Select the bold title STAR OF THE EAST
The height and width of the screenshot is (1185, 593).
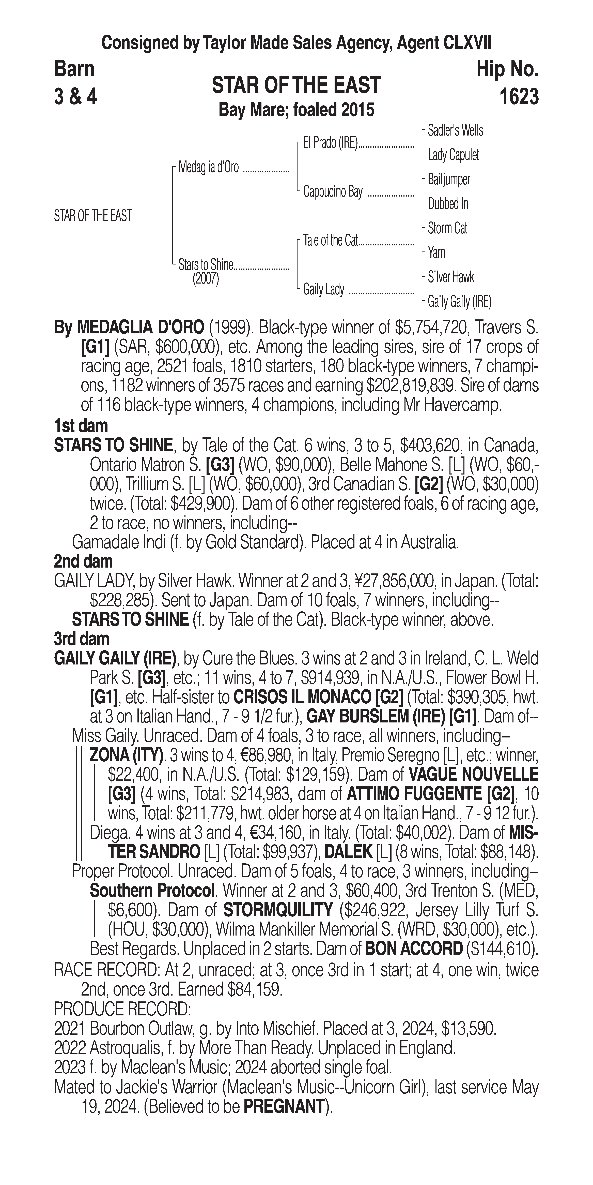coord(296,85)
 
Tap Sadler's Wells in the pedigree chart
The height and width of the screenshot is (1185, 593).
coord(455,131)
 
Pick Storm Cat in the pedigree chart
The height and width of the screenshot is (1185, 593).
coord(447,228)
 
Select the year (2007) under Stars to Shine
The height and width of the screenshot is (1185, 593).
coord(206,279)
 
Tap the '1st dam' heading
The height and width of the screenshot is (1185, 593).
coord(81,426)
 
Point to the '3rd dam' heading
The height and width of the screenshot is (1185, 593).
coord(81,639)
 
